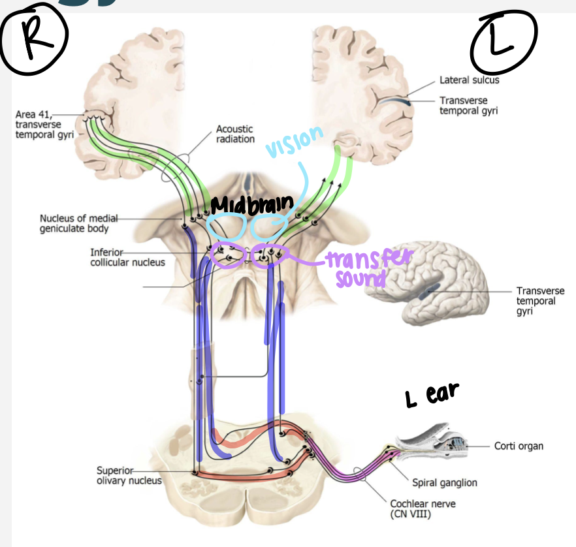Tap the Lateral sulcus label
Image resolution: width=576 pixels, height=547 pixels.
469,80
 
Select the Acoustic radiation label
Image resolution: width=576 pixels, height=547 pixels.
235,134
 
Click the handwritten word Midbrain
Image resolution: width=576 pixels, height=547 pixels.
248,204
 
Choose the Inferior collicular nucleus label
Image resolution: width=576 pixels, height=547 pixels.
127,257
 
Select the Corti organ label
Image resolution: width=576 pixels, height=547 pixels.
519,446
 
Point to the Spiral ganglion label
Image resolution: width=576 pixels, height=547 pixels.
445,482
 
